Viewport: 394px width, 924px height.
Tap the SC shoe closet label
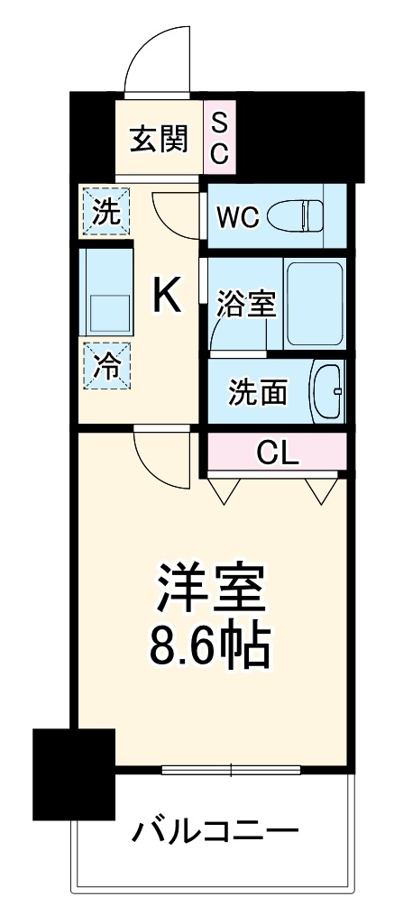(220, 139)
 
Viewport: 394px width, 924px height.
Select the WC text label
(238, 216)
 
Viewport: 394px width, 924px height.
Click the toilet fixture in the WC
(301, 215)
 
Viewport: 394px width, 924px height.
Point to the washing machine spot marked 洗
(105, 212)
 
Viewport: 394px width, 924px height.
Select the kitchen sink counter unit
(105, 291)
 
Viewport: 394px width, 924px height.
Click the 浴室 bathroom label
(245, 306)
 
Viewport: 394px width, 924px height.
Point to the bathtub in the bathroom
(314, 304)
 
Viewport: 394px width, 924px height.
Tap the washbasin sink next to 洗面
(326, 390)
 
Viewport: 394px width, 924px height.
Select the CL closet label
(277, 452)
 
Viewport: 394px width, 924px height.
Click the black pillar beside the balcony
(74, 773)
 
